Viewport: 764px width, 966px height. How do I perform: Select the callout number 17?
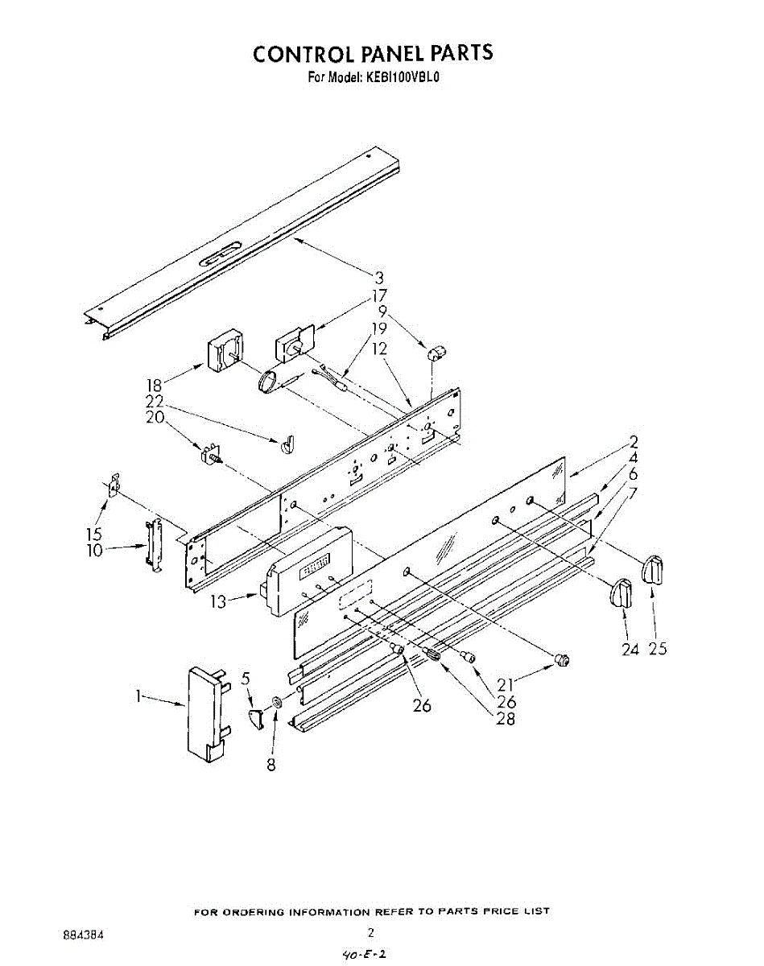(378, 295)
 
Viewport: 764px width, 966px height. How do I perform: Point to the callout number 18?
(155, 386)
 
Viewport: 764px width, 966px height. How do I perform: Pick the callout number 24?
(630, 649)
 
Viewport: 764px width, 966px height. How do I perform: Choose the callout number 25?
(658, 649)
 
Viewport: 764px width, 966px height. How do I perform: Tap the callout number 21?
(506, 685)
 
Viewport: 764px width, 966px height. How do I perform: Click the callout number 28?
(506, 719)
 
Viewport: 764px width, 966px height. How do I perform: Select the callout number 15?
(94, 534)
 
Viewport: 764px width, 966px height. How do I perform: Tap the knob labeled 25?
(653, 571)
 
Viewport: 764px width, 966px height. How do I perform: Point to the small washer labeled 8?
(277, 704)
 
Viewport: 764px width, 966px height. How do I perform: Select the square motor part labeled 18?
(221, 353)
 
